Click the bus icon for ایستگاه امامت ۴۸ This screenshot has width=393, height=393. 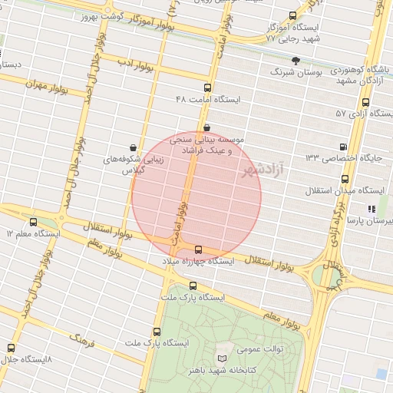pos(207,88)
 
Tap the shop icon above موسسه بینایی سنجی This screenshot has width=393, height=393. pos(206,127)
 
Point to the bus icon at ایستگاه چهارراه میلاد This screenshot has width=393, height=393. pos(199,249)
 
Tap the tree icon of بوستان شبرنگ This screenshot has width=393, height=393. pos(296,60)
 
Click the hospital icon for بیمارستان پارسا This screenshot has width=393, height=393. pos(371,208)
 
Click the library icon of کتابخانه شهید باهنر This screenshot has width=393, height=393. pos(222,358)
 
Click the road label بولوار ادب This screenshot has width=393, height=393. pos(138,67)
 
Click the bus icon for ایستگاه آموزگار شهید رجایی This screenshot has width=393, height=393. pos(292,15)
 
